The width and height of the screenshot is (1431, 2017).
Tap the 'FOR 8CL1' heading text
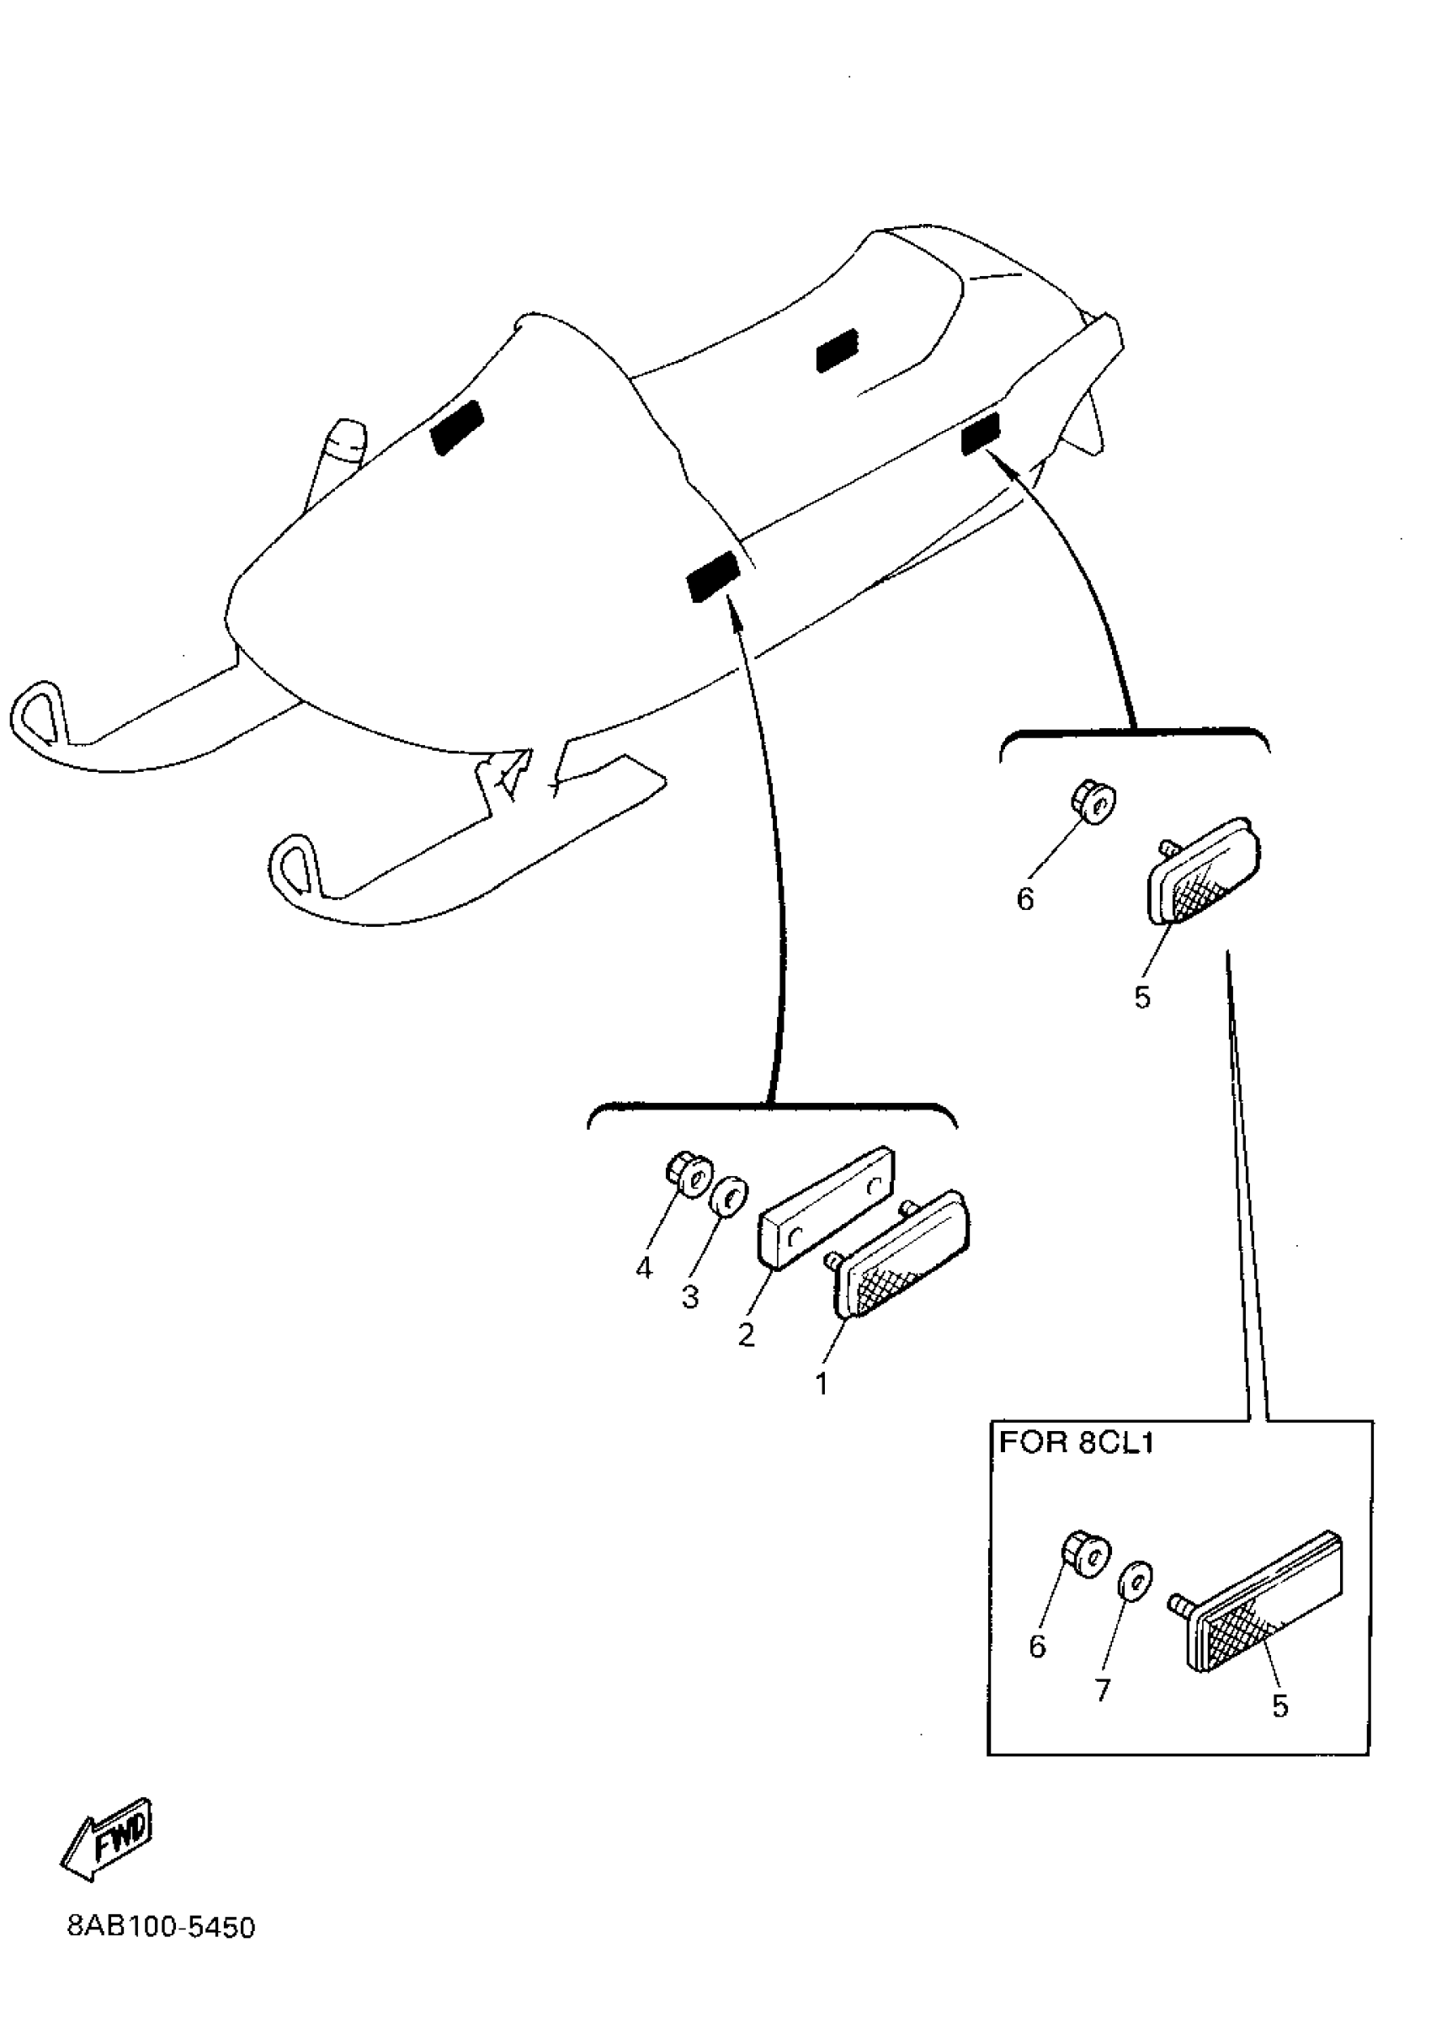(x=1076, y=1444)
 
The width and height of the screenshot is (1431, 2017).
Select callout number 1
(x=822, y=1383)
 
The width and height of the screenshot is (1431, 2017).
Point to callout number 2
(x=747, y=1335)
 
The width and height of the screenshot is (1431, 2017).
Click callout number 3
(x=690, y=1297)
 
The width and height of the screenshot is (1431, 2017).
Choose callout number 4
(x=644, y=1269)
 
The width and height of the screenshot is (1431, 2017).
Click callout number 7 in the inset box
(x=1103, y=1689)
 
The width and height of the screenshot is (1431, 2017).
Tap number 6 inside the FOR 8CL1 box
(x=1037, y=1645)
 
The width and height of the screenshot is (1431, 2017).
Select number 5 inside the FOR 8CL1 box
(x=1279, y=1706)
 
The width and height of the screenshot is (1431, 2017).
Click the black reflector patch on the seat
(x=837, y=351)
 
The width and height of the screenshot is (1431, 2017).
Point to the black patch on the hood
(x=456, y=428)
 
